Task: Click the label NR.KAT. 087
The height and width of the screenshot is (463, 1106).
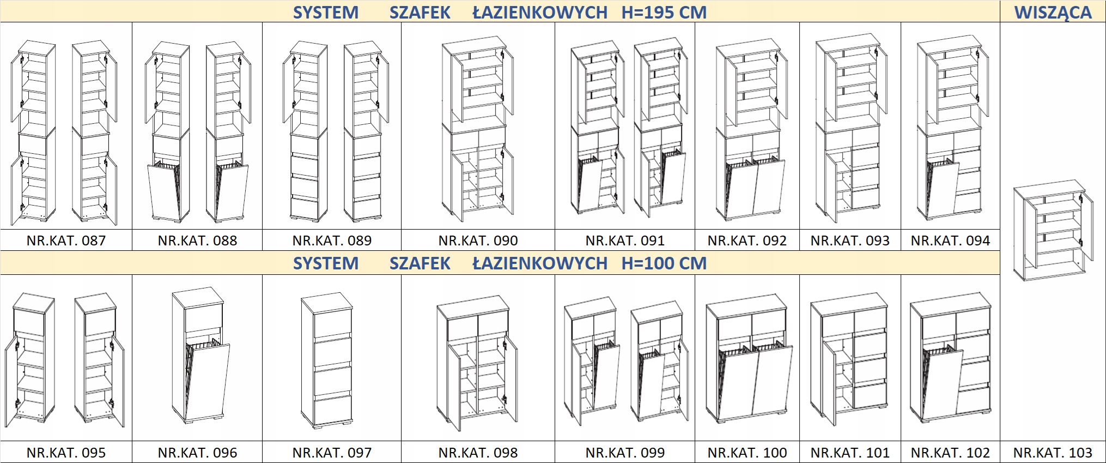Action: click(66, 240)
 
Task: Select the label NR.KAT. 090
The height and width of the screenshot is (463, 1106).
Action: click(478, 240)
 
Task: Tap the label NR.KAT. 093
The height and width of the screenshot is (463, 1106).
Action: click(849, 240)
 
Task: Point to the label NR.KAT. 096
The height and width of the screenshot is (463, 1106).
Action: click(197, 453)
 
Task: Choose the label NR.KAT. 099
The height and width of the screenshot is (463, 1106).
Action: click(625, 453)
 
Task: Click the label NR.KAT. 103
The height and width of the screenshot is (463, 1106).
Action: click(1053, 453)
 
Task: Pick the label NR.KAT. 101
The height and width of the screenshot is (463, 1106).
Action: click(849, 453)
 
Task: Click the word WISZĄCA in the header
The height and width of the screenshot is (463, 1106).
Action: click(1053, 12)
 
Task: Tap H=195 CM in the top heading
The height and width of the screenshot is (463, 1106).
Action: click(664, 12)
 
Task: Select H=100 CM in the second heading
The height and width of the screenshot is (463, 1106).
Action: click(664, 263)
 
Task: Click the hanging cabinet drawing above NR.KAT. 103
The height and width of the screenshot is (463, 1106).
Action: click(1053, 230)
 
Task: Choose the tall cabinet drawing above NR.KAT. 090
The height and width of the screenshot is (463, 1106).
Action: click(478, 128)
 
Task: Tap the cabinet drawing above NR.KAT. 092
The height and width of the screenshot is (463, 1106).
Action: click(751, 129)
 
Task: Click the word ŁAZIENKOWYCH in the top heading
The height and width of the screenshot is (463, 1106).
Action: click(539, 12)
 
